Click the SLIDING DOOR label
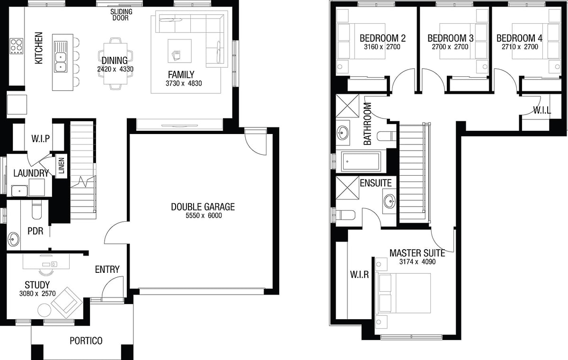point(121,15)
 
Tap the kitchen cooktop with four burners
point(17,46)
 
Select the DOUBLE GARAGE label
point(203,207)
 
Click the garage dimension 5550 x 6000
point(204,216)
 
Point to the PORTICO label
point(86,341)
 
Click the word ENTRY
point(107,270)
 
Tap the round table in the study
point(44,310)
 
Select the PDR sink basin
point(13,239)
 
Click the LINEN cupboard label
point(62,166)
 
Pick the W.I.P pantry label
point(41,139)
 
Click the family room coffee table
point(179,51)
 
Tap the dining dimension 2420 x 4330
point(115,69)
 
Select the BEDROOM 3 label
point(451,38)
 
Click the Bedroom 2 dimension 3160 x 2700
point(382,47)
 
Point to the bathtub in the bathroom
point(361,162)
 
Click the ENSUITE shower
point(347,188)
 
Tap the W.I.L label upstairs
point(542,110)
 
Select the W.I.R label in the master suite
point(359,275)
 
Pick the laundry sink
point(19,191)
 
